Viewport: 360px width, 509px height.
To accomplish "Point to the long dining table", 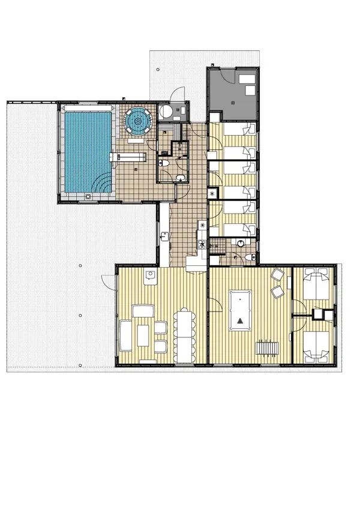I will pos(185,336).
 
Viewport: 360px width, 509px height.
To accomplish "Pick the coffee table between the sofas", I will pos(143,335).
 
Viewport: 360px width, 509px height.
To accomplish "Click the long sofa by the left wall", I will pos(125,336).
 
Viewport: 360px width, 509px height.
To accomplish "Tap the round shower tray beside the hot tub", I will pos(166,112).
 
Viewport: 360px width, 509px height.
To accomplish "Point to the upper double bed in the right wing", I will pos(316,284).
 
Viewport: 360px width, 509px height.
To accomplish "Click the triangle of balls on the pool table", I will pos(241,321).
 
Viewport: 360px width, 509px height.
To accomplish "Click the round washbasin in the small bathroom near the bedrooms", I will pos(239,244).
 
